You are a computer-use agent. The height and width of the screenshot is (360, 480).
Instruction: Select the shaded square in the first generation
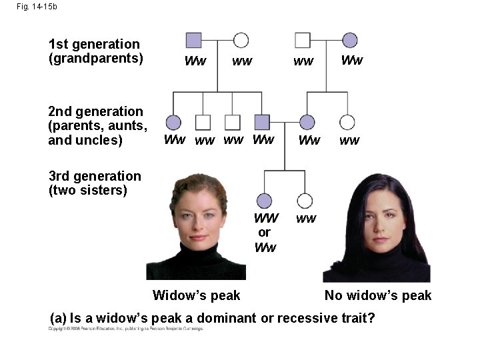[x=194, y=40]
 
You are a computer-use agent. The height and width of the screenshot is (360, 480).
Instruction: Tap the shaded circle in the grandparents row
[x=349, y=40]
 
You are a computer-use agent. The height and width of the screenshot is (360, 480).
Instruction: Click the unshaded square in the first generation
[x=303, y=40]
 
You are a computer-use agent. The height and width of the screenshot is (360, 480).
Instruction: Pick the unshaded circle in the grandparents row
[x=241, y=40]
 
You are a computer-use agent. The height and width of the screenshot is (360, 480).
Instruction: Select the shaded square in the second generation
[x=263, y=122]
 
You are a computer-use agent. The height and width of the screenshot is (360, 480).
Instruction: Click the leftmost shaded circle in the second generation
[x=173, y=122]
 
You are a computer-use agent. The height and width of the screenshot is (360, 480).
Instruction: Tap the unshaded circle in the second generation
[x=347, y=122]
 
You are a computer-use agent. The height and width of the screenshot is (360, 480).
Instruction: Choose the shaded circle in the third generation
[x=264, y=200]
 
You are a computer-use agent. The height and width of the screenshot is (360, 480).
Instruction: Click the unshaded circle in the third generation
[x=305, y=200]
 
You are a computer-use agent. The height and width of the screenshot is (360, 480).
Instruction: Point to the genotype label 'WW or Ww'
[x=265, y=233]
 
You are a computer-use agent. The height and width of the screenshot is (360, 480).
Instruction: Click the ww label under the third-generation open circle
[x=306, y=219]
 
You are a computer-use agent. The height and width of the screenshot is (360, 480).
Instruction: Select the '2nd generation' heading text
[x=95, y=111]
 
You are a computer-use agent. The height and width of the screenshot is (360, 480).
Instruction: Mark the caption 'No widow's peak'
[x=378, y=295]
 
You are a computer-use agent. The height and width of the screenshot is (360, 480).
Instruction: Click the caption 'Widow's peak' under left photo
[x=197, y=295]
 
